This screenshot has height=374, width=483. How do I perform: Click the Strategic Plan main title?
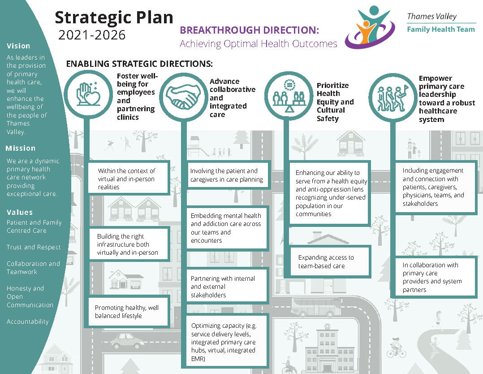click(x=114, y=17)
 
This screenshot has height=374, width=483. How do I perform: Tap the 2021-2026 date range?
click(x=92, y=35)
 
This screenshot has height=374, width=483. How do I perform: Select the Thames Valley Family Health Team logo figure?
click(x=370, y=27)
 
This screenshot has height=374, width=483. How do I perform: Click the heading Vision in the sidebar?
click(x=18, y=46)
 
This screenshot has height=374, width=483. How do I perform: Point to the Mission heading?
click(x=20, y=148)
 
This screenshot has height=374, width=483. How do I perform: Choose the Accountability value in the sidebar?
click(x=27, y=322)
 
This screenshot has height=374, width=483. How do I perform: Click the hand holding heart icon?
click(x=86, y=93)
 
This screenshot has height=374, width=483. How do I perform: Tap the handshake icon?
click(x=182, y=95)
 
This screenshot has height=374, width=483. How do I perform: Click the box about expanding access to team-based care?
click(x=326, y=262)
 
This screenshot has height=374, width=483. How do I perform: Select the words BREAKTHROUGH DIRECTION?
click(x=249, y=30)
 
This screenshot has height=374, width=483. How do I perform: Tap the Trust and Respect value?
click(x=34, y=247)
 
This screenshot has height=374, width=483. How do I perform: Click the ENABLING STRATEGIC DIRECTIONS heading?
click(x=139, y=64)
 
